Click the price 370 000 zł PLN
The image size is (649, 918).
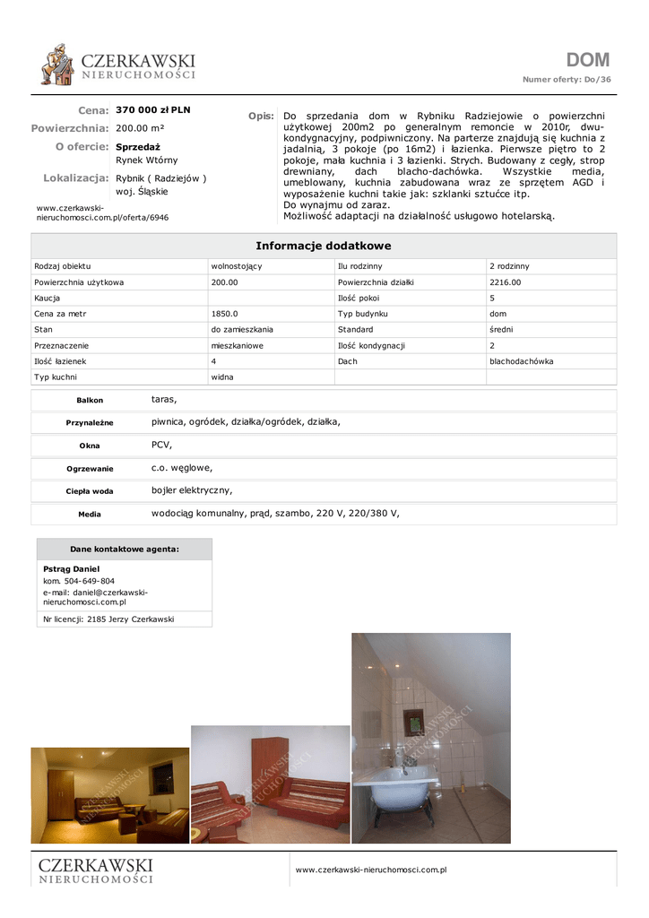click(153, 110)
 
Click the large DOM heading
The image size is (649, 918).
click(587, 60)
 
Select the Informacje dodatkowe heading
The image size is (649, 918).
click(324, 246)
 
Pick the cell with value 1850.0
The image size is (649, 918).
click(224, 314)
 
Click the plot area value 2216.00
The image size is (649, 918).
click(505, 282)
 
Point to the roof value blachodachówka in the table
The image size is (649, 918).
click(521, 361)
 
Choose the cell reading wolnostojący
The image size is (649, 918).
click(236, 266)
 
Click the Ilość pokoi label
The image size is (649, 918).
click(359, 298)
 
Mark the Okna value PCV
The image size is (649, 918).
click(161, 445)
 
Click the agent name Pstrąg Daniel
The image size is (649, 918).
click(71, 569)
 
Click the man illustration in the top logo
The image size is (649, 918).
click(58, 65)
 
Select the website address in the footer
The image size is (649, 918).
click(371, 870)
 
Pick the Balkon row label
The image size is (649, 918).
click(90, 400)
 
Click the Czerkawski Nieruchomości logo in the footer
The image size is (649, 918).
click(95, 870)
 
